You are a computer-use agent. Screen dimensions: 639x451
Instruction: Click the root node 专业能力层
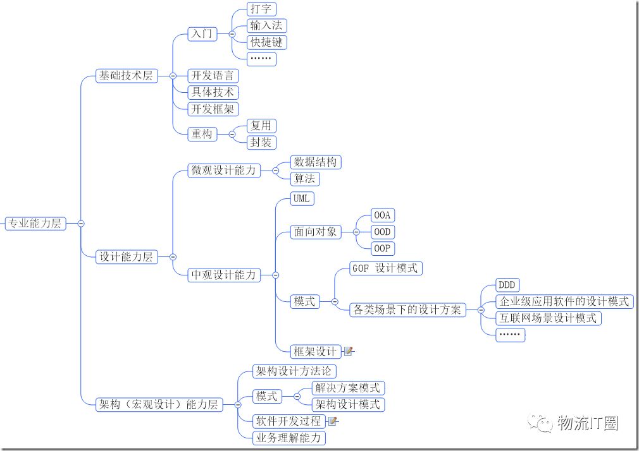pos(35,224)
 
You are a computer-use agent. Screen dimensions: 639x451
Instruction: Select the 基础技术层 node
pos(127,76)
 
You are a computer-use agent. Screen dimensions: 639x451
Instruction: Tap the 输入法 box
pos(266,26)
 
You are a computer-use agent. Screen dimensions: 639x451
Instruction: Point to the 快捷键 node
pos(266,42)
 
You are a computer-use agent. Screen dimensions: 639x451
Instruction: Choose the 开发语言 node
pos(213,76)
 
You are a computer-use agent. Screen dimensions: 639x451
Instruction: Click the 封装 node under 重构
pos(261,143)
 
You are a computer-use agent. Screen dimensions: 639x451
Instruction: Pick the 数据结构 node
pos(316,162)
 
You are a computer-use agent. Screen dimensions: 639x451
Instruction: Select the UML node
pos(302,198)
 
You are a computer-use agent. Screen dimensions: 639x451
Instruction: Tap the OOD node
pos(383,232)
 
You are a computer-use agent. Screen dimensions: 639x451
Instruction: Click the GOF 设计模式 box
pos(385,268)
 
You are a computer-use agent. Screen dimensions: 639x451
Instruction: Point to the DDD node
pos(508,285)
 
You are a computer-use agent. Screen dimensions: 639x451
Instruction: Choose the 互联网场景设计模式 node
pos(549,318)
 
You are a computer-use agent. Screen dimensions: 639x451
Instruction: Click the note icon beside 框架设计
pos(348,351)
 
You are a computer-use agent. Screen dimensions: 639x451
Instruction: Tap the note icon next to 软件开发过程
pos(332,421)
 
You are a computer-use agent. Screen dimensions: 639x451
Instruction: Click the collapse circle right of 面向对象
pos(356,232)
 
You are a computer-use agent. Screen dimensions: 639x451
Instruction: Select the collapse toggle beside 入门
pos(232,34)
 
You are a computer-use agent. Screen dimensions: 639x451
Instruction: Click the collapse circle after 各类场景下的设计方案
pos(481,310)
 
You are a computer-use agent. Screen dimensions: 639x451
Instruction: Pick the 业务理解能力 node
pos(289,438)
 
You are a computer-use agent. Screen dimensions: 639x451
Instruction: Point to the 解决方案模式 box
pos(348,388)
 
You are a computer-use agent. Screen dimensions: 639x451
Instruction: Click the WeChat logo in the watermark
pos(540,424)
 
